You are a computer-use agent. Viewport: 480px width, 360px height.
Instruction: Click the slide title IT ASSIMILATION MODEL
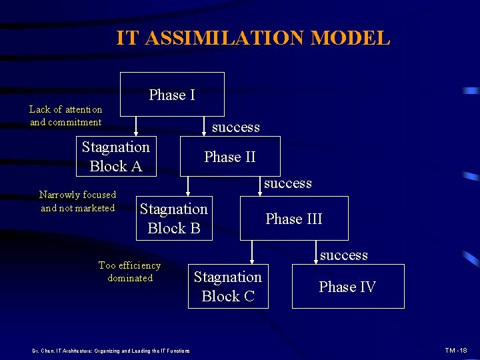pos(253,38)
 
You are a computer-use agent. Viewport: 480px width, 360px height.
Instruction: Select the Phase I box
pos(172,95)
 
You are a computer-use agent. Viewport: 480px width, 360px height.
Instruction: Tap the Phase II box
pos(230,157)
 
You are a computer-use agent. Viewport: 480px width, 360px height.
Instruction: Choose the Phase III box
pos(294,219)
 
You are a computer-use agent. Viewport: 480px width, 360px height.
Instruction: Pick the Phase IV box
pos(347,287)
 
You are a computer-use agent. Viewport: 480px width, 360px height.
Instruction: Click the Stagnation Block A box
pos(116,157)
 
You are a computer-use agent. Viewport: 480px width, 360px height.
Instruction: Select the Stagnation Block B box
pos(174,219)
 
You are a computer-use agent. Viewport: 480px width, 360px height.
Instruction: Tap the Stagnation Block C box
pos(228,287)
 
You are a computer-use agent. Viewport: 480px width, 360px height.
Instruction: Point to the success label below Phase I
pos(235,127)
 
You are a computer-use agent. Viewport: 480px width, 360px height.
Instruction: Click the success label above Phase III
pos(287,183)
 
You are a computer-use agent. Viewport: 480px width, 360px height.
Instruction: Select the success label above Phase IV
pos(343,255)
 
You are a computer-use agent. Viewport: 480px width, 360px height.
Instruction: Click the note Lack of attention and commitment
pos(66,115)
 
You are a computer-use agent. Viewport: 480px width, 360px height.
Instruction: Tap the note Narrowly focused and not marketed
pos(77,201)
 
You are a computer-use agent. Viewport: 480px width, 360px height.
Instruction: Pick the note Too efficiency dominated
pos(130,271)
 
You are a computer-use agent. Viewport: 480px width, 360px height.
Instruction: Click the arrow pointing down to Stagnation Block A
pos(136,127)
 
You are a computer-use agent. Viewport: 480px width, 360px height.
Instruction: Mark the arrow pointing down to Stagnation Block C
pos(251,253)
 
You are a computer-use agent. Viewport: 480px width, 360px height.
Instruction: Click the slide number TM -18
pos(456,350)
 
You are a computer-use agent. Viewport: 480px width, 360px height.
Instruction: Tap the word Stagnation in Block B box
pos(174,209)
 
